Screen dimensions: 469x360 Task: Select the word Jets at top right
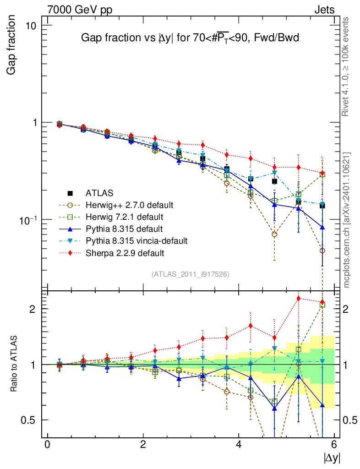(x=324, y=10)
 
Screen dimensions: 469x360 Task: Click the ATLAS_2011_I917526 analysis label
(x=191, y=274)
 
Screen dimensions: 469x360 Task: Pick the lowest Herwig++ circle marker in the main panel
(x=322, y=251)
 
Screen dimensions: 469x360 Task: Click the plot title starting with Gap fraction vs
(x=190, y=38)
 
